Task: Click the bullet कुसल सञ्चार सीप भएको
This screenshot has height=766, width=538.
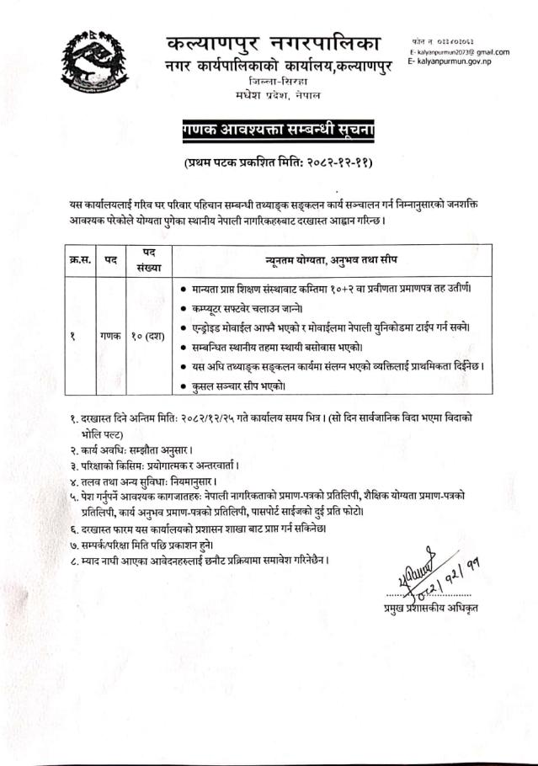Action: click(240, 385)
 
